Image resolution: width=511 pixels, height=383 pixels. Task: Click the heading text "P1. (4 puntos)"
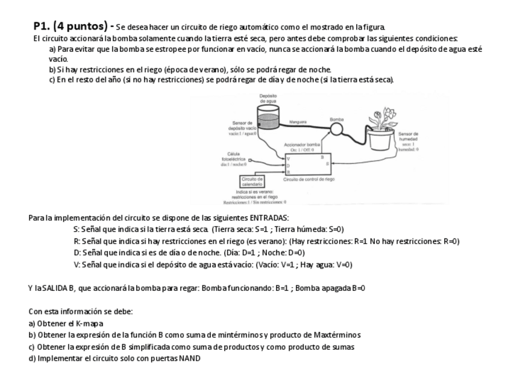click(x=72, y=26)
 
